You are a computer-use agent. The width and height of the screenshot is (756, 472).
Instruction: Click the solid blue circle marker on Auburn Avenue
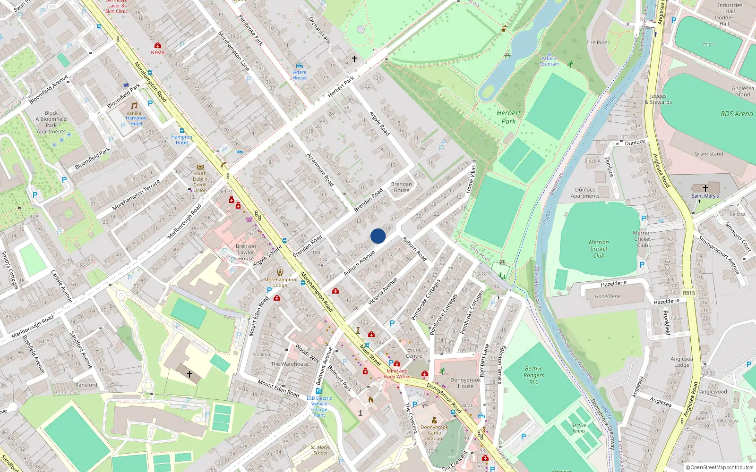pyautogui.click(x=378, y=236)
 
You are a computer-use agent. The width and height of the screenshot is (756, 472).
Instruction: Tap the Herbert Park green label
pyautogui.click(x=508, y=117)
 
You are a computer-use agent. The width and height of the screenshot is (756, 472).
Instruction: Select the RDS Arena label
pyautogui.click(x=737, y=114)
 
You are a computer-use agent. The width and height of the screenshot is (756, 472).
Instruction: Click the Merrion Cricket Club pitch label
pyautogui.click(x=599, y=249)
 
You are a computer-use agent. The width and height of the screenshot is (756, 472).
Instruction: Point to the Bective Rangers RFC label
pyautogui.click(x=534, y=375)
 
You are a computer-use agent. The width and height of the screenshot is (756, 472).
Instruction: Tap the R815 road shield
pyautogui.click(x=689, y=293)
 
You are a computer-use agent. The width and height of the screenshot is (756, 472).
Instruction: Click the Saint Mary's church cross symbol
pyautogui.click(x=705, y=188)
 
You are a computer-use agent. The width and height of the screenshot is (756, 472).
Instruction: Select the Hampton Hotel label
pyautogui.click(x=182, y=140)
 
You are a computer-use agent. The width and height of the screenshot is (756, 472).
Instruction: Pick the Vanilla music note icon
pyautogui.click(x=134, y=106)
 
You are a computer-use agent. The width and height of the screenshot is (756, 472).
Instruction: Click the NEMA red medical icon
pyautogui.click(x=158, y=45)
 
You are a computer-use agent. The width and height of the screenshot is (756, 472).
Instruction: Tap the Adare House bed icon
pyautogui.click(x=299, y=66)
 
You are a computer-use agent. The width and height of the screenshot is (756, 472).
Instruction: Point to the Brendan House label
pyautogui.click(x=402, y=187)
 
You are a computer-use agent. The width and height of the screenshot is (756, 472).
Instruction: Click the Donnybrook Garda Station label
pyautogui.click(x=434, y=432)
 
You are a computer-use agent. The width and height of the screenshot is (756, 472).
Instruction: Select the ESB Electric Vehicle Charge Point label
pyautogui.click(x=319, y=406)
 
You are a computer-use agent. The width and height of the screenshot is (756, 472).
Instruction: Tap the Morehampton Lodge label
pyautogui.click(x=280, y=282)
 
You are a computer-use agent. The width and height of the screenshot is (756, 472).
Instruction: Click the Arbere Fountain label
pyautogui.click(x=549, y=61)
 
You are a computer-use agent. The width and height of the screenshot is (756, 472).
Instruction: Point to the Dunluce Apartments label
pyautogui.click(x=585, y=193)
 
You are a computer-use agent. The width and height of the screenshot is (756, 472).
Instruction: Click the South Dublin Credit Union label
pyautogui.click(x=200, y=182)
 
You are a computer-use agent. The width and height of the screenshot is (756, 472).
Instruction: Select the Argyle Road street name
pyautogui.click(x=379, y=124)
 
